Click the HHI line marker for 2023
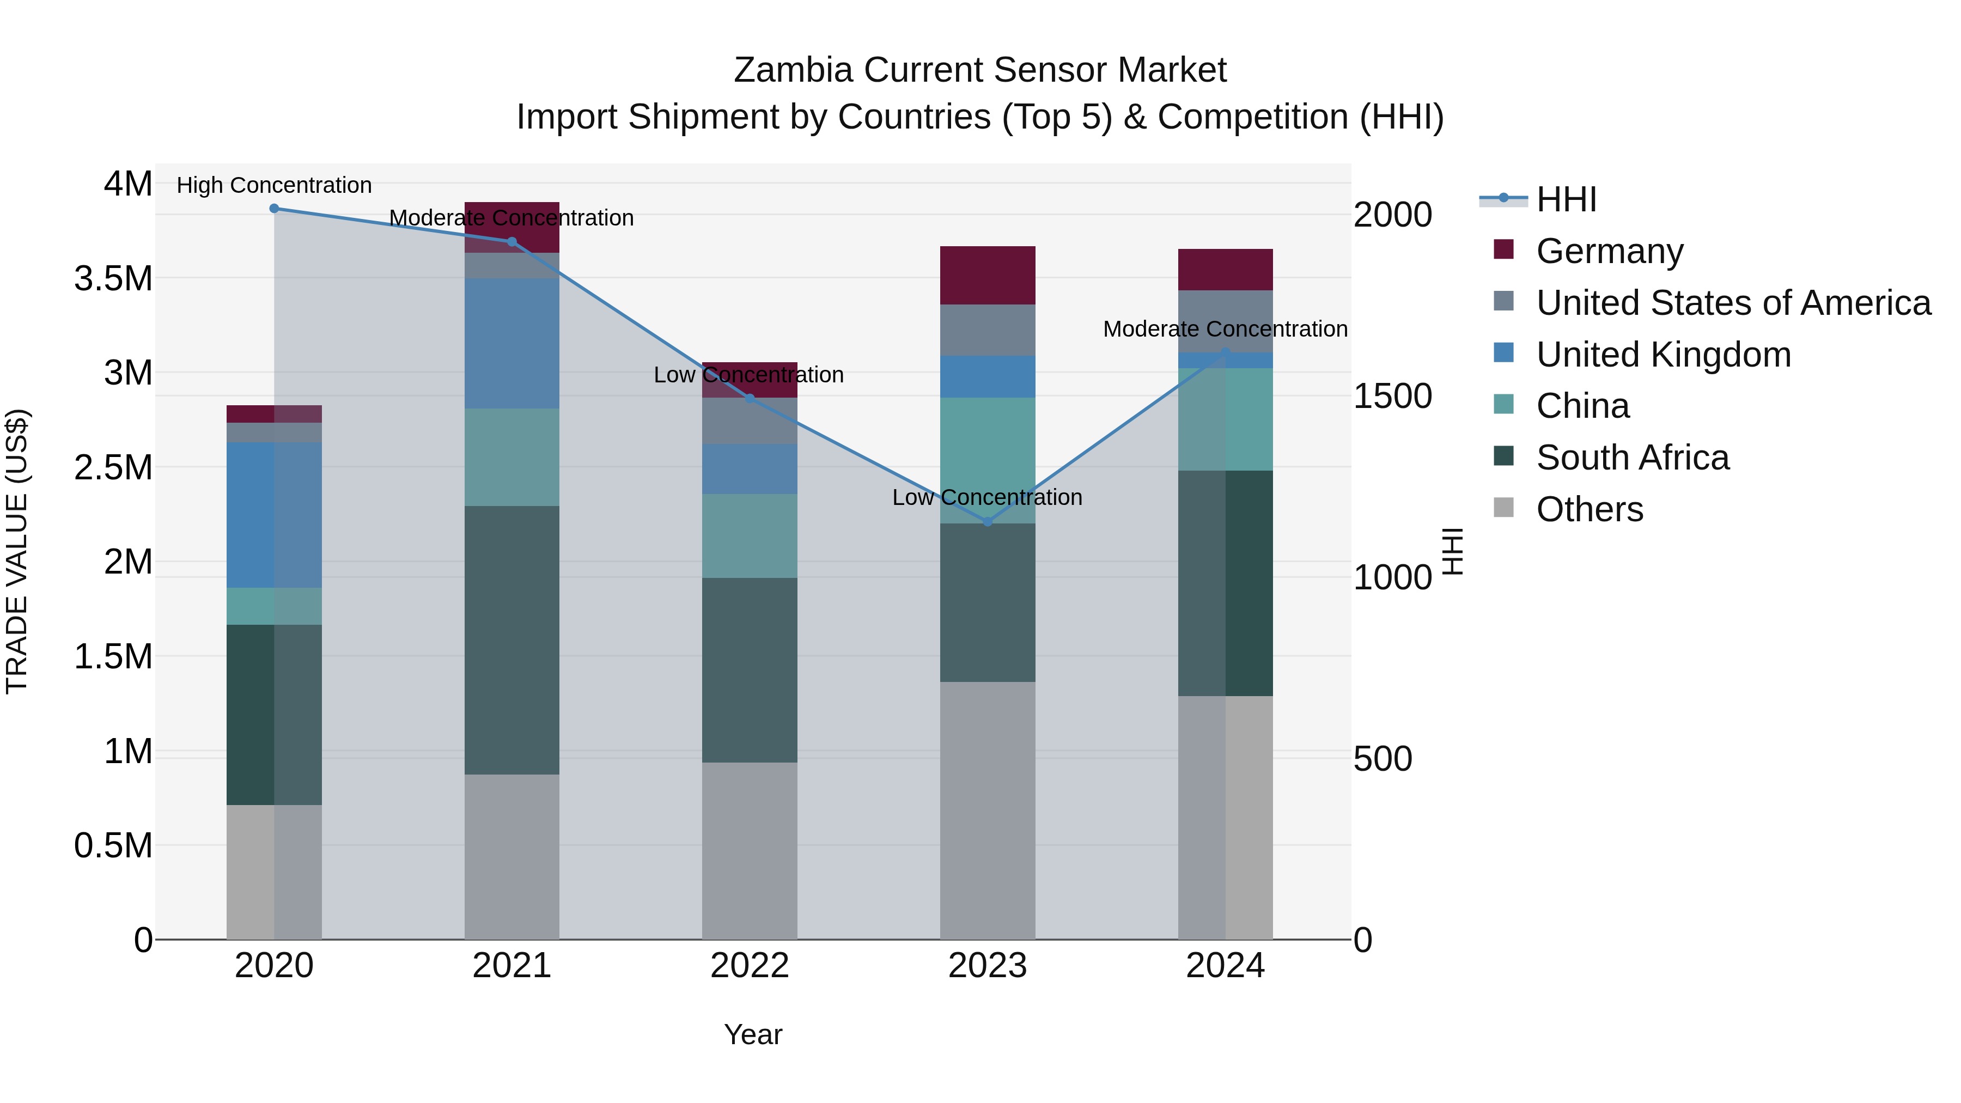pyautogui.click(x=988, y=521)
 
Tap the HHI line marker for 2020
pyautogui.click(x=274, y=208)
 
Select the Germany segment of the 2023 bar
pyautogui.click(x=988, y=275)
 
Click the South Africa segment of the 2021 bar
pyautogui.click(x=511, y=639)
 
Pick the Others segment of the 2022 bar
pyautogui.click(x=749, y=850)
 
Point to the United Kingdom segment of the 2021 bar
pyautogui.click(x=511, y=343)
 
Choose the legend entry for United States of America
pyautogui.click(x=1733, y=302)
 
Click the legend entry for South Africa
pyautogui.click(x=1632, y=458)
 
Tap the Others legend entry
pyautogui.click(x=1589, y=509)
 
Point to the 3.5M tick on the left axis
pyautogui.click(x=113, y=278)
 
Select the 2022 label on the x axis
pyautogui.click(x=749, y=966)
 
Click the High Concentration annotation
pyautogui.click(x=274, y=185)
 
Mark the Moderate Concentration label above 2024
pyautogui.click(x=1225, y=329)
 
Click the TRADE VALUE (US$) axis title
pyautogui.click(x=17, y=551)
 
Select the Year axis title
pyautogui.click(x=753, y=1034)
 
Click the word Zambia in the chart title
pyautogui.click(x=793, y=70)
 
